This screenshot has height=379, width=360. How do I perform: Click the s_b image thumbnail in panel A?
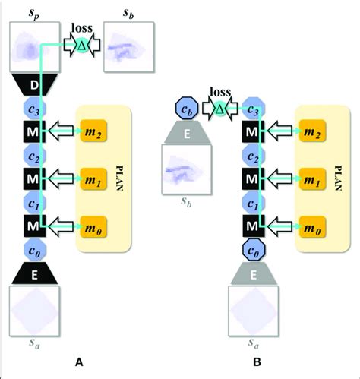coord(128,46)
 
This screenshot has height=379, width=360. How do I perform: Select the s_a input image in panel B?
coord(254,311)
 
